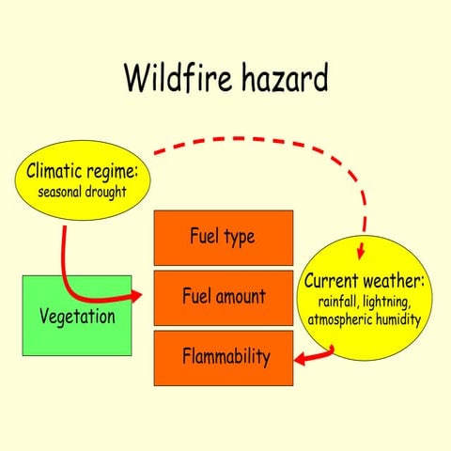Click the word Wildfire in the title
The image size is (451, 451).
point(177,79)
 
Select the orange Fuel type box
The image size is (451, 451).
point(223,236)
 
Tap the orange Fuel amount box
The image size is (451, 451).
point(223,296)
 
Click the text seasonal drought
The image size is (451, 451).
point(82,193)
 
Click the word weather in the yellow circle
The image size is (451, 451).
point(396,281)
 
